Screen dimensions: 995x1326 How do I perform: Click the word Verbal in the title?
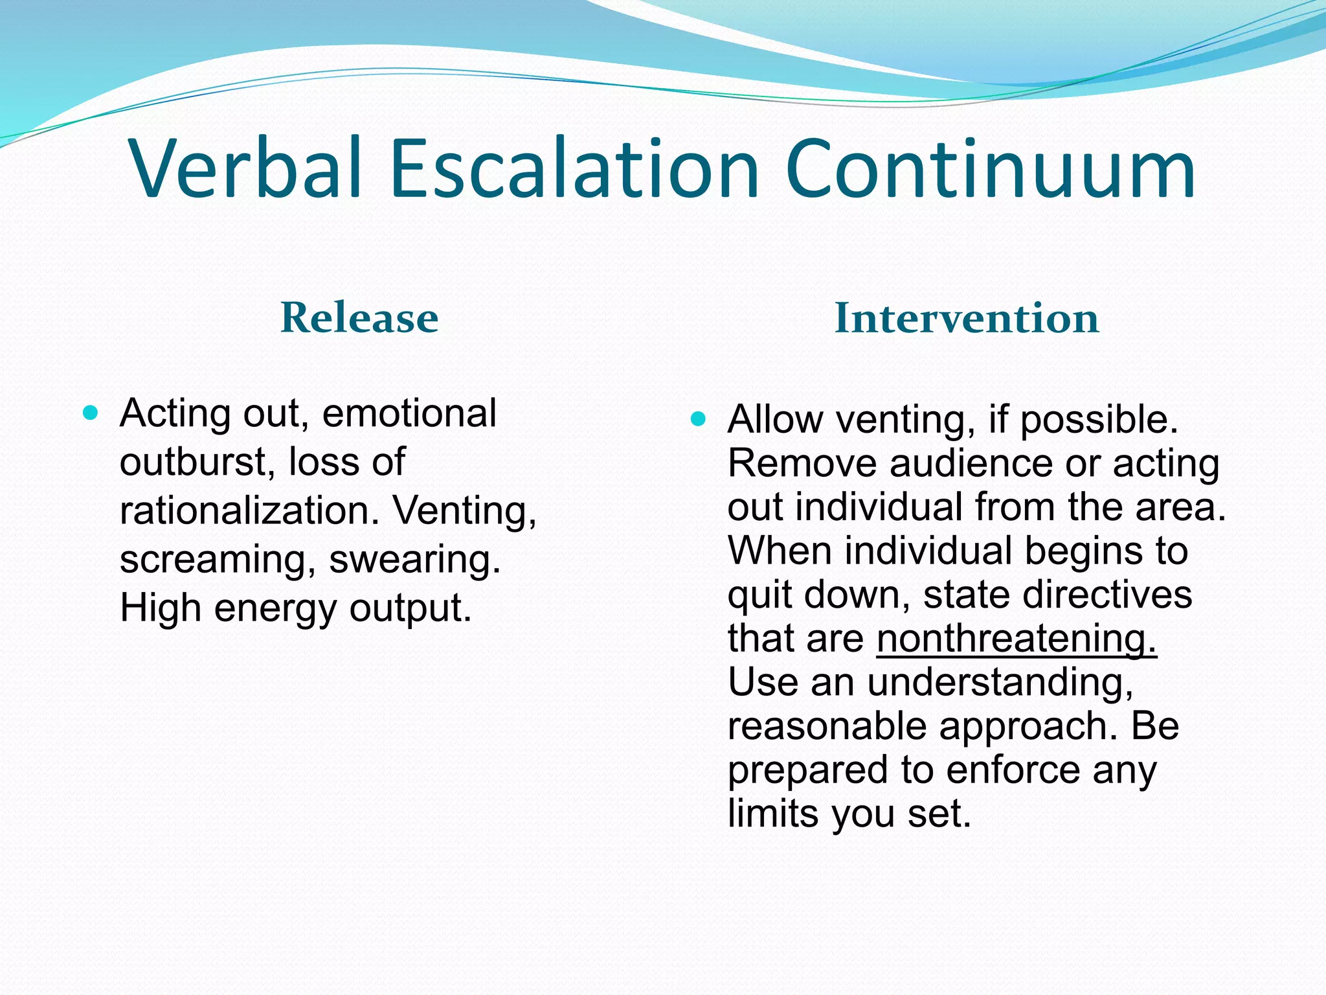(246, 170)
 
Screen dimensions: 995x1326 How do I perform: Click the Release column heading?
(359, 318)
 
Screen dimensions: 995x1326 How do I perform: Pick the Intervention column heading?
(967, 318)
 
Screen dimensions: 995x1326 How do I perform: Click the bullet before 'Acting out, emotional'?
(91, 413)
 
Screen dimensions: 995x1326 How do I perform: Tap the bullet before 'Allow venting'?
(697, 419)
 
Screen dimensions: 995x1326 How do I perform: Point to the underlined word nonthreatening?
(1016, 638)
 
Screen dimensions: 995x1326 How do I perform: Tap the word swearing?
(415, 559)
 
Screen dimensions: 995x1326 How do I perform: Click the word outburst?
(194, 462)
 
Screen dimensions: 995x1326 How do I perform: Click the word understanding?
(1000, 683)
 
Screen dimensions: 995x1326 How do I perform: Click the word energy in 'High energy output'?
(275, 609)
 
